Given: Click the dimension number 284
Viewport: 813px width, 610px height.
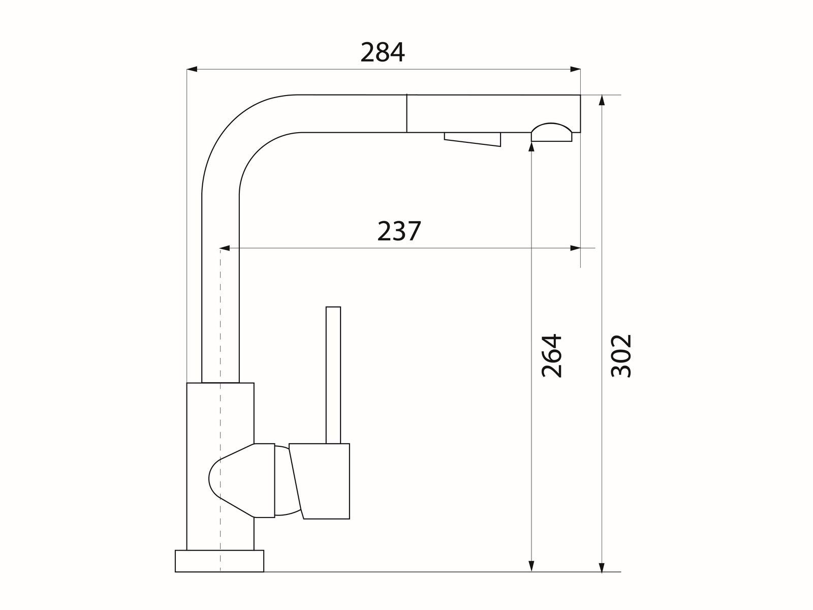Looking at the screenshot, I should coord(383,52).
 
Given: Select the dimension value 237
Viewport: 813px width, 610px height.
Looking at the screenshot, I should coord(399,231).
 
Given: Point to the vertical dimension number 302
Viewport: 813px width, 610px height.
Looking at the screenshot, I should coord(621,355).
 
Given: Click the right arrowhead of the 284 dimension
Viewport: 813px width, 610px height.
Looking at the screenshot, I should coord(575,69).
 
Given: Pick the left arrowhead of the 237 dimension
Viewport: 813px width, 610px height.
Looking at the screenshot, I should coord(225,249).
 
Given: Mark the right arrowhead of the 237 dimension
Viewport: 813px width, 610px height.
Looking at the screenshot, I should coord(575,249).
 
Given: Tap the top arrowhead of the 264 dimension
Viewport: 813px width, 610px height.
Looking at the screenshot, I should coord(531,147).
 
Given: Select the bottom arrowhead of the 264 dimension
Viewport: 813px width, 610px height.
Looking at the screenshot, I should coord(531,566).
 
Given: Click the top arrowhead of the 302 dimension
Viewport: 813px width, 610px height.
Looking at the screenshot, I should coord(602,100).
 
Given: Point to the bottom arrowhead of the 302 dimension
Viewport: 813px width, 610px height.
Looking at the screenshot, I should coord(602,566).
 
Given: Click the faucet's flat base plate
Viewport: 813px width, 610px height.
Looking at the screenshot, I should coord(220,561).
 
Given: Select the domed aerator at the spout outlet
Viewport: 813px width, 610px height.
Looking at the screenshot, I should coord(551,133).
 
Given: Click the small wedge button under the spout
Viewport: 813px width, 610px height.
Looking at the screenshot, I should coord(473,139).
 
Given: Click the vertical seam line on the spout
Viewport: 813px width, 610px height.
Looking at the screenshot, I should coord(407,113).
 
